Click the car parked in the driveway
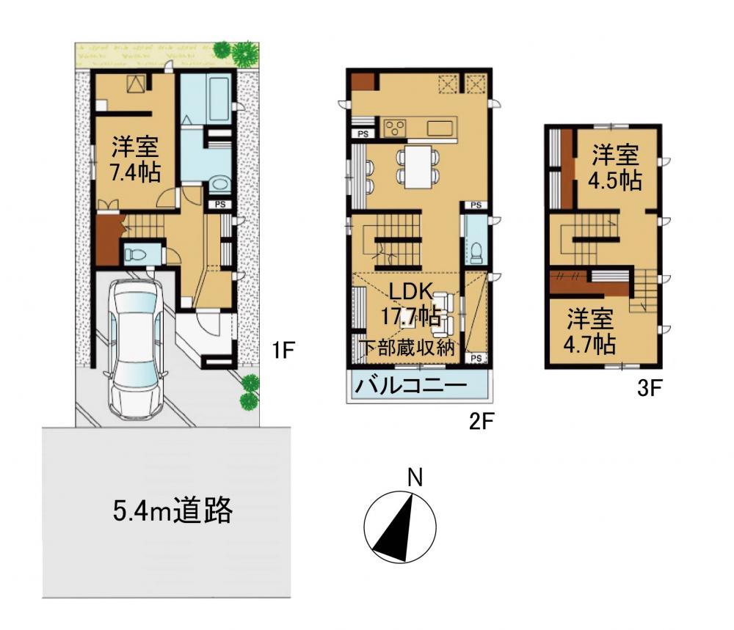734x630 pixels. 135,349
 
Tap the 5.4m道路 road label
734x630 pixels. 172,510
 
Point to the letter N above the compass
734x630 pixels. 415,477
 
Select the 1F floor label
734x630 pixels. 283,350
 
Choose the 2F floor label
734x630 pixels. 482,422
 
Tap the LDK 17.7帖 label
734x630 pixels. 410,304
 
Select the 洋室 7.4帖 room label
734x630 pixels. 135,159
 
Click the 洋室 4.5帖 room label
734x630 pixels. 615,167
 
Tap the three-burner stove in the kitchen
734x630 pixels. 395,128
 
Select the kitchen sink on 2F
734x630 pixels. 440,128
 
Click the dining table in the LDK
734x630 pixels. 418,167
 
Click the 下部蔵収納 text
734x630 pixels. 407,348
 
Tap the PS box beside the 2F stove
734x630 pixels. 363,133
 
